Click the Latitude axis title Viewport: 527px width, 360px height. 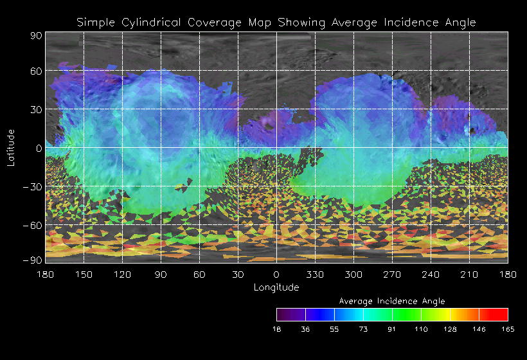[10, 147]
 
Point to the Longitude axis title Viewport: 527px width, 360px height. [276, 287]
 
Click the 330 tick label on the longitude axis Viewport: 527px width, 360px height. [315, 274]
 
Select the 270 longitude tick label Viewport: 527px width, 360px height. [392, 274]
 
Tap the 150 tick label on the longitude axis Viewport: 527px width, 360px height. [84, 274]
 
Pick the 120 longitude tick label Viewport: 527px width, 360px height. [122, 274]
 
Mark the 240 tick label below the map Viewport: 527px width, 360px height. [431, 274]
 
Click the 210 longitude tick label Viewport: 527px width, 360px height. [469, 274]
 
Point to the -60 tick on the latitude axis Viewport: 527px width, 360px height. [32, 226]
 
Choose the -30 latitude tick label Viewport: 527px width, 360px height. [32, 187]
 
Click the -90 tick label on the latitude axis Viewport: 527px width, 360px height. [32, 260]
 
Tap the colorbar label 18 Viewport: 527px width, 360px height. [276, 329]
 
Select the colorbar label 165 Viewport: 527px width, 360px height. [508, 329]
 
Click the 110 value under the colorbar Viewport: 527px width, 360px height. [421, 329]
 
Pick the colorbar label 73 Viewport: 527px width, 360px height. [363, 329]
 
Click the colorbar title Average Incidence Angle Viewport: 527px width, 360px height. [391, 301]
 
